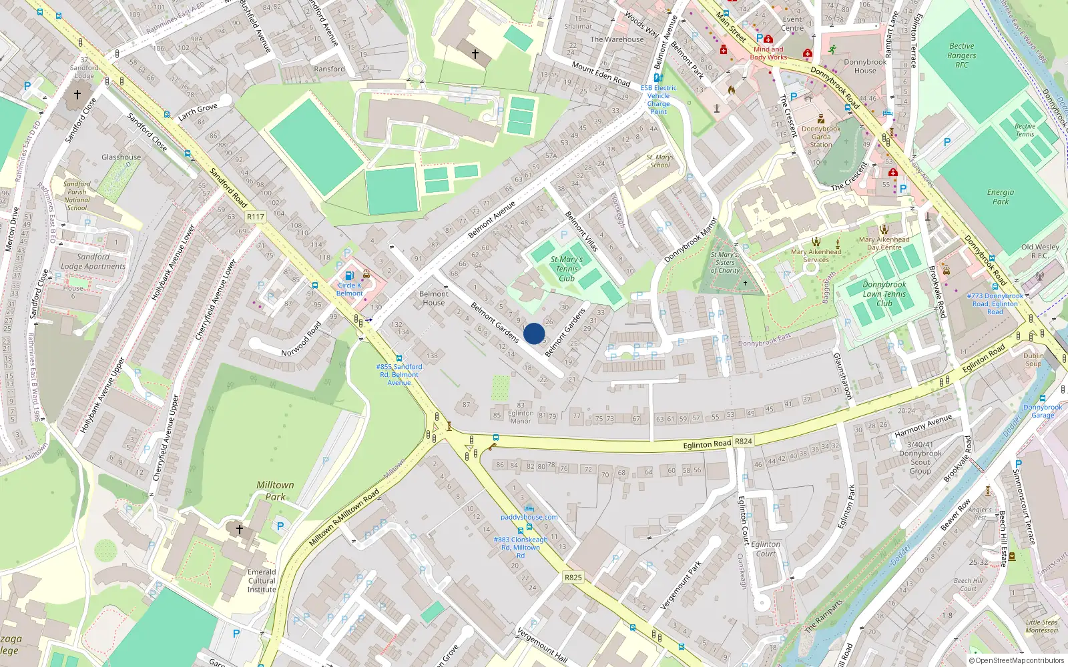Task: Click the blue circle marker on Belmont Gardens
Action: click(534, 333)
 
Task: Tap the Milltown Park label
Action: click(275, 491)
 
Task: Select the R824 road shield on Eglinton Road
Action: click(743, 441)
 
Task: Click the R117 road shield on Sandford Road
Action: click(255, 217)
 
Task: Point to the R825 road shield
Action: click(573, 577)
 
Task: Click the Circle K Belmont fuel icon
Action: click(348, 275)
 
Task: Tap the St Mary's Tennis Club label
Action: click(566, 269)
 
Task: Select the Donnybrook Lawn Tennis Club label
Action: click(884, 293)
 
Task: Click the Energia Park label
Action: click(1000, 197)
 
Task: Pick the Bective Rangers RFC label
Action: click(961, 55)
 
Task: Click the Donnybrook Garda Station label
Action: click(821, 137)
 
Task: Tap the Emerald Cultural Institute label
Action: click(262, 580)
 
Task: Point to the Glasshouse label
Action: click(121, 157)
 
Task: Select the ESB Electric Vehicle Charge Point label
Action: click(658, 99)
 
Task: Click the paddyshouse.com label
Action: click(529, 517)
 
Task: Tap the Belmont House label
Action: click(433, 298)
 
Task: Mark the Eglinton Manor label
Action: click(521, 417)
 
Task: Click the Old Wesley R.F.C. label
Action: click(1040, 251)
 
